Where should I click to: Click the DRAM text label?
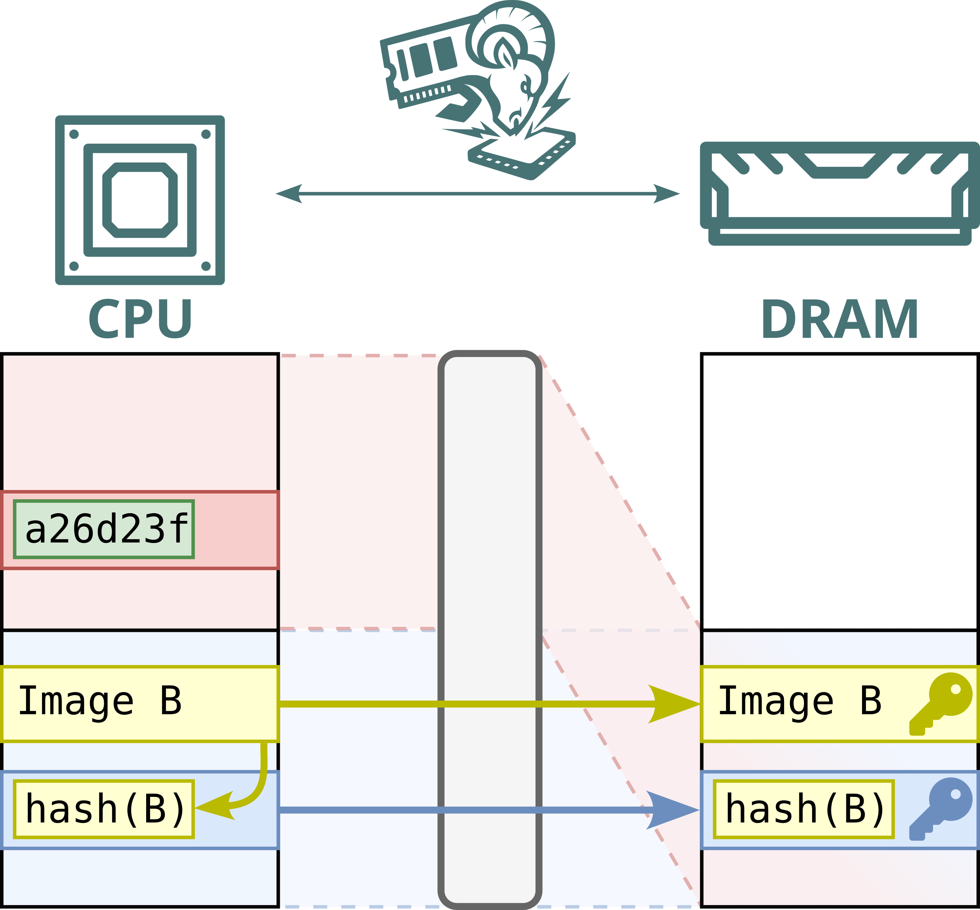coord(840,319)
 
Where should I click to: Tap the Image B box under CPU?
coord(140,704)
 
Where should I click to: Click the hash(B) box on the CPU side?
coord(104,809)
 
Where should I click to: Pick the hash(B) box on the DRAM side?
coord(804,809)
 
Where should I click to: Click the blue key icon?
coord(940,809)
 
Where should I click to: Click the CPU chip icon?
coord(140,200)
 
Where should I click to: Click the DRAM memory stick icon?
coord(840,193)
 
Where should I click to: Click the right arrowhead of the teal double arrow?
coord(667,193)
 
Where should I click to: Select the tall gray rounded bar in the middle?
coord(490,630)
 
